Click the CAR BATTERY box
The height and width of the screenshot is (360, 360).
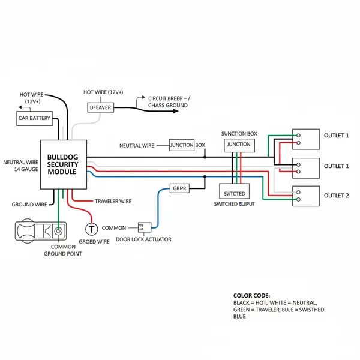34,118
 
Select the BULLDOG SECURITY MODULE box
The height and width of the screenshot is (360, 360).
63,164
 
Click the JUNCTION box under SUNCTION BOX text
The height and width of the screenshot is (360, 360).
239,145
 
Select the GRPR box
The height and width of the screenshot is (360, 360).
180,188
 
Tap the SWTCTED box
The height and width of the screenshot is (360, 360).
234,193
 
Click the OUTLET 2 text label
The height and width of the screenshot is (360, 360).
336,196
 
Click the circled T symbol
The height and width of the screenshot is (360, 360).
91,229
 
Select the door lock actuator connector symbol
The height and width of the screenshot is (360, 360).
145,227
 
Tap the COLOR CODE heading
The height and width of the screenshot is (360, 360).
251,296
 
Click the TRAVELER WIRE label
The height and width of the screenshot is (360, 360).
113,201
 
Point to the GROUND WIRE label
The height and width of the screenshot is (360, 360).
29,205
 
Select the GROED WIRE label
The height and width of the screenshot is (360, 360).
95,242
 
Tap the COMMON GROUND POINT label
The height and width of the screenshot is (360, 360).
63,250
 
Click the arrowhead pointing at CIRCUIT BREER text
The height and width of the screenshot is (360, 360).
142,97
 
